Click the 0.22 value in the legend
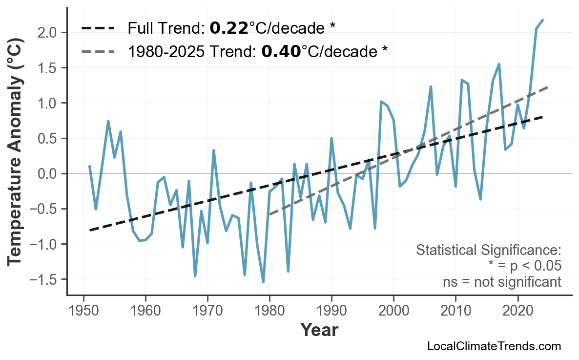(x=229, y=28)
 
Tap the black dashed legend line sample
(x=98, y=28)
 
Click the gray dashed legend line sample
(x=98, y=51)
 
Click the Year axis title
(x=319, y=330)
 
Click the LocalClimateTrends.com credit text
(x=494, y=346)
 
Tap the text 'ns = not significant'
(x=502, y=282)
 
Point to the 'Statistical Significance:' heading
(x=488, y=251)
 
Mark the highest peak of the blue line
(x=543, y=20)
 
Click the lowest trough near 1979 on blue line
(x=263, y=282)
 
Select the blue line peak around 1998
(x=381, y=102)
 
